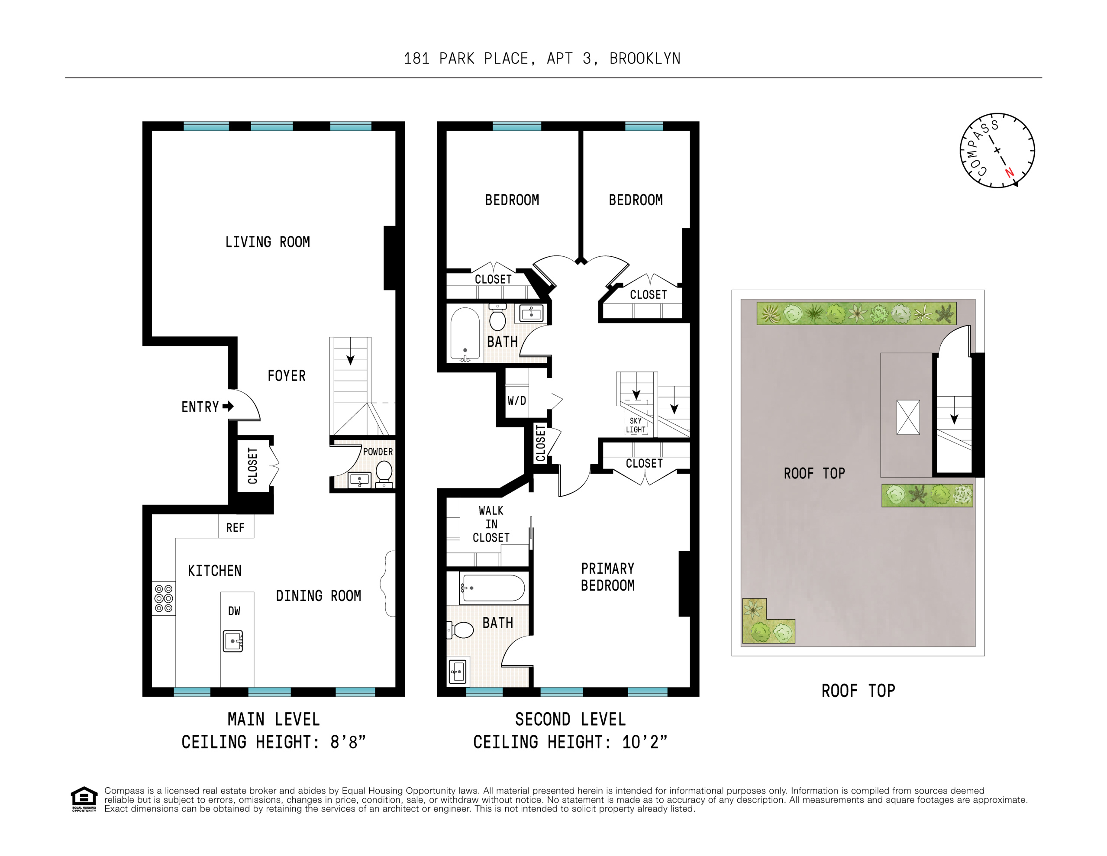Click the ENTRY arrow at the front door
(228, 406)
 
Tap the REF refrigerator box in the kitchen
(236, 527)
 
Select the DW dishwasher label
(234, 611)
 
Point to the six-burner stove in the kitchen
(164, 598)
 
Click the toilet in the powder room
(384, 473)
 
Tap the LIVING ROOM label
(267, 242)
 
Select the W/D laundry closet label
(516, 401)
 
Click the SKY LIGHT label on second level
(636, 425)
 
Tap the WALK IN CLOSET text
(491, 523)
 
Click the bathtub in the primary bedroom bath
(493, 588)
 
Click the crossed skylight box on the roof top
(908, 417)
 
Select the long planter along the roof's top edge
(856, 313)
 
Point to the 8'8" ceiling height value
(348, 742)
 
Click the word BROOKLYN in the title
(645, 59)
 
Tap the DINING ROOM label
(318, 595)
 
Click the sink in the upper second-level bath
(531, 313)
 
